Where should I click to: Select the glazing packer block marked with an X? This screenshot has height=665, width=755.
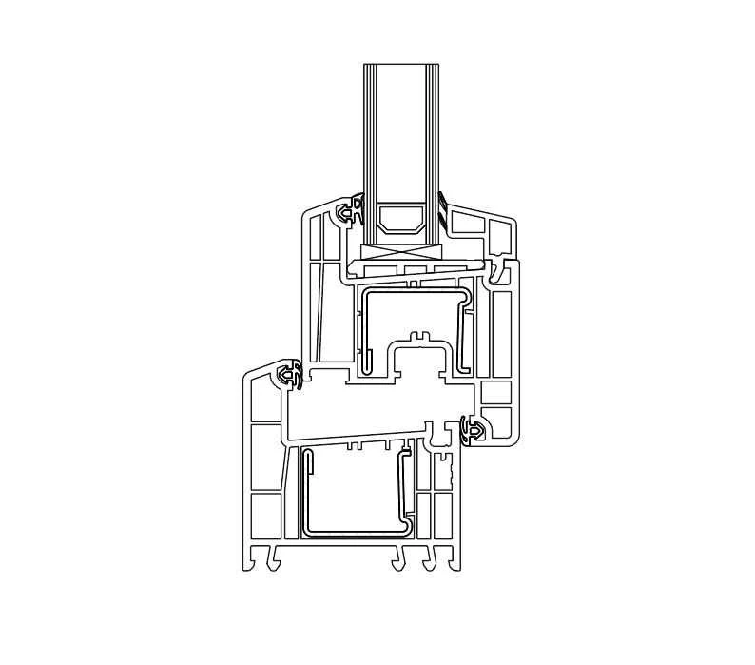400,253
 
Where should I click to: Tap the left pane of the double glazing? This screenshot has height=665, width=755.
372,133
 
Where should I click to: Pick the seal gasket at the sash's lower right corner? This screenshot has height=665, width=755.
471,431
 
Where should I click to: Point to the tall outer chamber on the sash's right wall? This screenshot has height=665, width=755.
503,333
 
